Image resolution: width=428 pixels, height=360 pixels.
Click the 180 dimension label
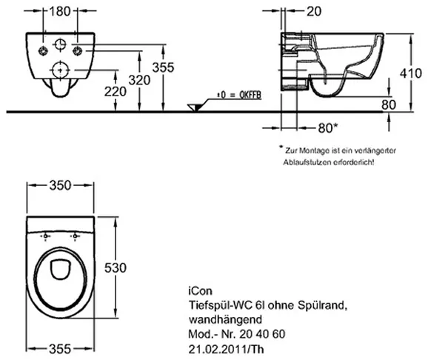(x=60, y=11)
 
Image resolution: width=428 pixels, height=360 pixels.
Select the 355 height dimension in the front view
(x=163, y=67)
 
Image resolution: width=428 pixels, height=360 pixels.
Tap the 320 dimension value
(x=139, y=80)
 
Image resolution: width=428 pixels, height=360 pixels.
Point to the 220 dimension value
(x=116, y=92)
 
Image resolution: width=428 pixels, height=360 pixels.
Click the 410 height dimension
(x=411, y=73)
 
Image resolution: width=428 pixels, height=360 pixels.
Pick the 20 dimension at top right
(x=314, y=11)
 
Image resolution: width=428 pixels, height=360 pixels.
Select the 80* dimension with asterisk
(x=328, y=128)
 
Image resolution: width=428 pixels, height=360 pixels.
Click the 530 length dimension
(x=116, y=267)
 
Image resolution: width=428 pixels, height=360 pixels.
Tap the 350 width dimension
(x=60, y=185)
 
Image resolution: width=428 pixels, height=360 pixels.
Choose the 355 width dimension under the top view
(x=60, y=349)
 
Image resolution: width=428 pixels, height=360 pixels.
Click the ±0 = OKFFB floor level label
(x=239, y=95)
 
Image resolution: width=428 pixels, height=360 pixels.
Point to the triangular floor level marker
(x=195, y=107)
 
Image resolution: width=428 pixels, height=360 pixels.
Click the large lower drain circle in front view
(x=60, y=70)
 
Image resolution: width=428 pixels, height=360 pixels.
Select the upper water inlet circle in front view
(x=60, y=44)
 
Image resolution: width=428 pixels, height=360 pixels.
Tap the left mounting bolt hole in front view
(x=43, y=50)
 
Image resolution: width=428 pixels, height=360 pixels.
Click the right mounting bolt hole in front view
(x=78, y=50)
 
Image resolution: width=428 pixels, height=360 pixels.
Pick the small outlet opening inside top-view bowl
(x=61, y=269)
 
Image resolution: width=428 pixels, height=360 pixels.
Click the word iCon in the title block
(x=200, y=291)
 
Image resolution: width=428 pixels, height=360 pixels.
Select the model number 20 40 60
(x=262, y=334)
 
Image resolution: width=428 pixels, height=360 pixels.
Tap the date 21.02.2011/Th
(x=226, y=349)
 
